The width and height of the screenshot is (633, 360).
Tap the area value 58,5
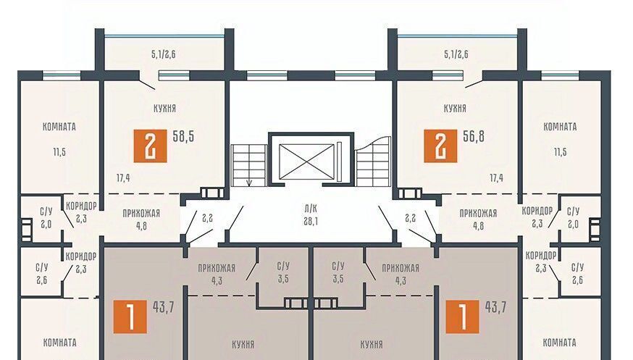click(183, 136)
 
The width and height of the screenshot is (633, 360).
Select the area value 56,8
click(474, 136)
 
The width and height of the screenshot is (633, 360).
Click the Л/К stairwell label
click(311, 209)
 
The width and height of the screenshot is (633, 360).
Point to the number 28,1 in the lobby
click(311, 221)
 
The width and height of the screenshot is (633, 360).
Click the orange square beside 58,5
click(150, 146)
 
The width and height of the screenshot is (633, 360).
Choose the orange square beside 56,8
click(440, 146)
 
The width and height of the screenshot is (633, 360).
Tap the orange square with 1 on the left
click(130, 317)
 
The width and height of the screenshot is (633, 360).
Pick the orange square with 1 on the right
click(462, 317)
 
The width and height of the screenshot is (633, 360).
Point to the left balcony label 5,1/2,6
click(164, 54)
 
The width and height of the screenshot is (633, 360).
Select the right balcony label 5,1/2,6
click(456, 54)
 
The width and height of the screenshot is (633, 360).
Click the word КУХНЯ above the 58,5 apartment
click(164, 108)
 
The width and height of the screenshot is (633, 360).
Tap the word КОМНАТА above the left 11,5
click(59, 127)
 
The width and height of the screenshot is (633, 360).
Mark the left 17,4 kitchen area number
click(123, 177)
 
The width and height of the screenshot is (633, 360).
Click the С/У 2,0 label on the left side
click(46, 218)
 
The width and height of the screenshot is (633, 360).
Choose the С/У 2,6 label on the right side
click(578, 274)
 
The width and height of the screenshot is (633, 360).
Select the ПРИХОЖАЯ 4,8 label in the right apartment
click(479, 219)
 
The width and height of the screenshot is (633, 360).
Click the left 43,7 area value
click(164, 308)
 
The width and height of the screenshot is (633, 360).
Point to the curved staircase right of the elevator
click(373, 161)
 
